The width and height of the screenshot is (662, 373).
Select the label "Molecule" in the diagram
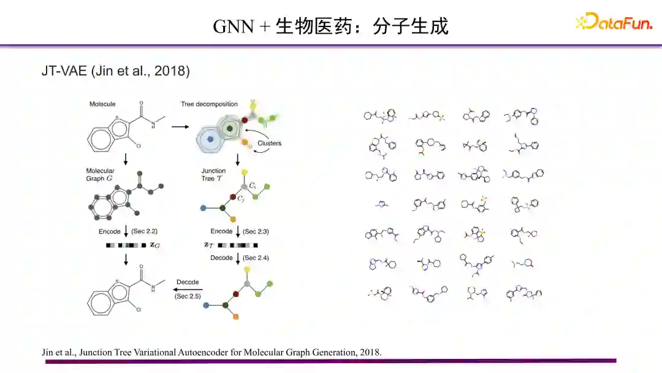102,104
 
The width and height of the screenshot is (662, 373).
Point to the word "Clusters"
270,144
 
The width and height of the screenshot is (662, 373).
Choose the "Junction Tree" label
214,174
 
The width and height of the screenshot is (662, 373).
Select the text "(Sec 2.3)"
256,231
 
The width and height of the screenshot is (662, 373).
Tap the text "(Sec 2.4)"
256,258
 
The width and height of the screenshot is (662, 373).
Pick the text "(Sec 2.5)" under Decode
187,296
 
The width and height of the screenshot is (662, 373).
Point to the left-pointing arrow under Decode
186,289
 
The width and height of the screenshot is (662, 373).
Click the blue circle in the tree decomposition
210,139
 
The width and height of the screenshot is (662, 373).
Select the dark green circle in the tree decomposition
230,129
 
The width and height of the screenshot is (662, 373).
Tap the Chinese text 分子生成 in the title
411,26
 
